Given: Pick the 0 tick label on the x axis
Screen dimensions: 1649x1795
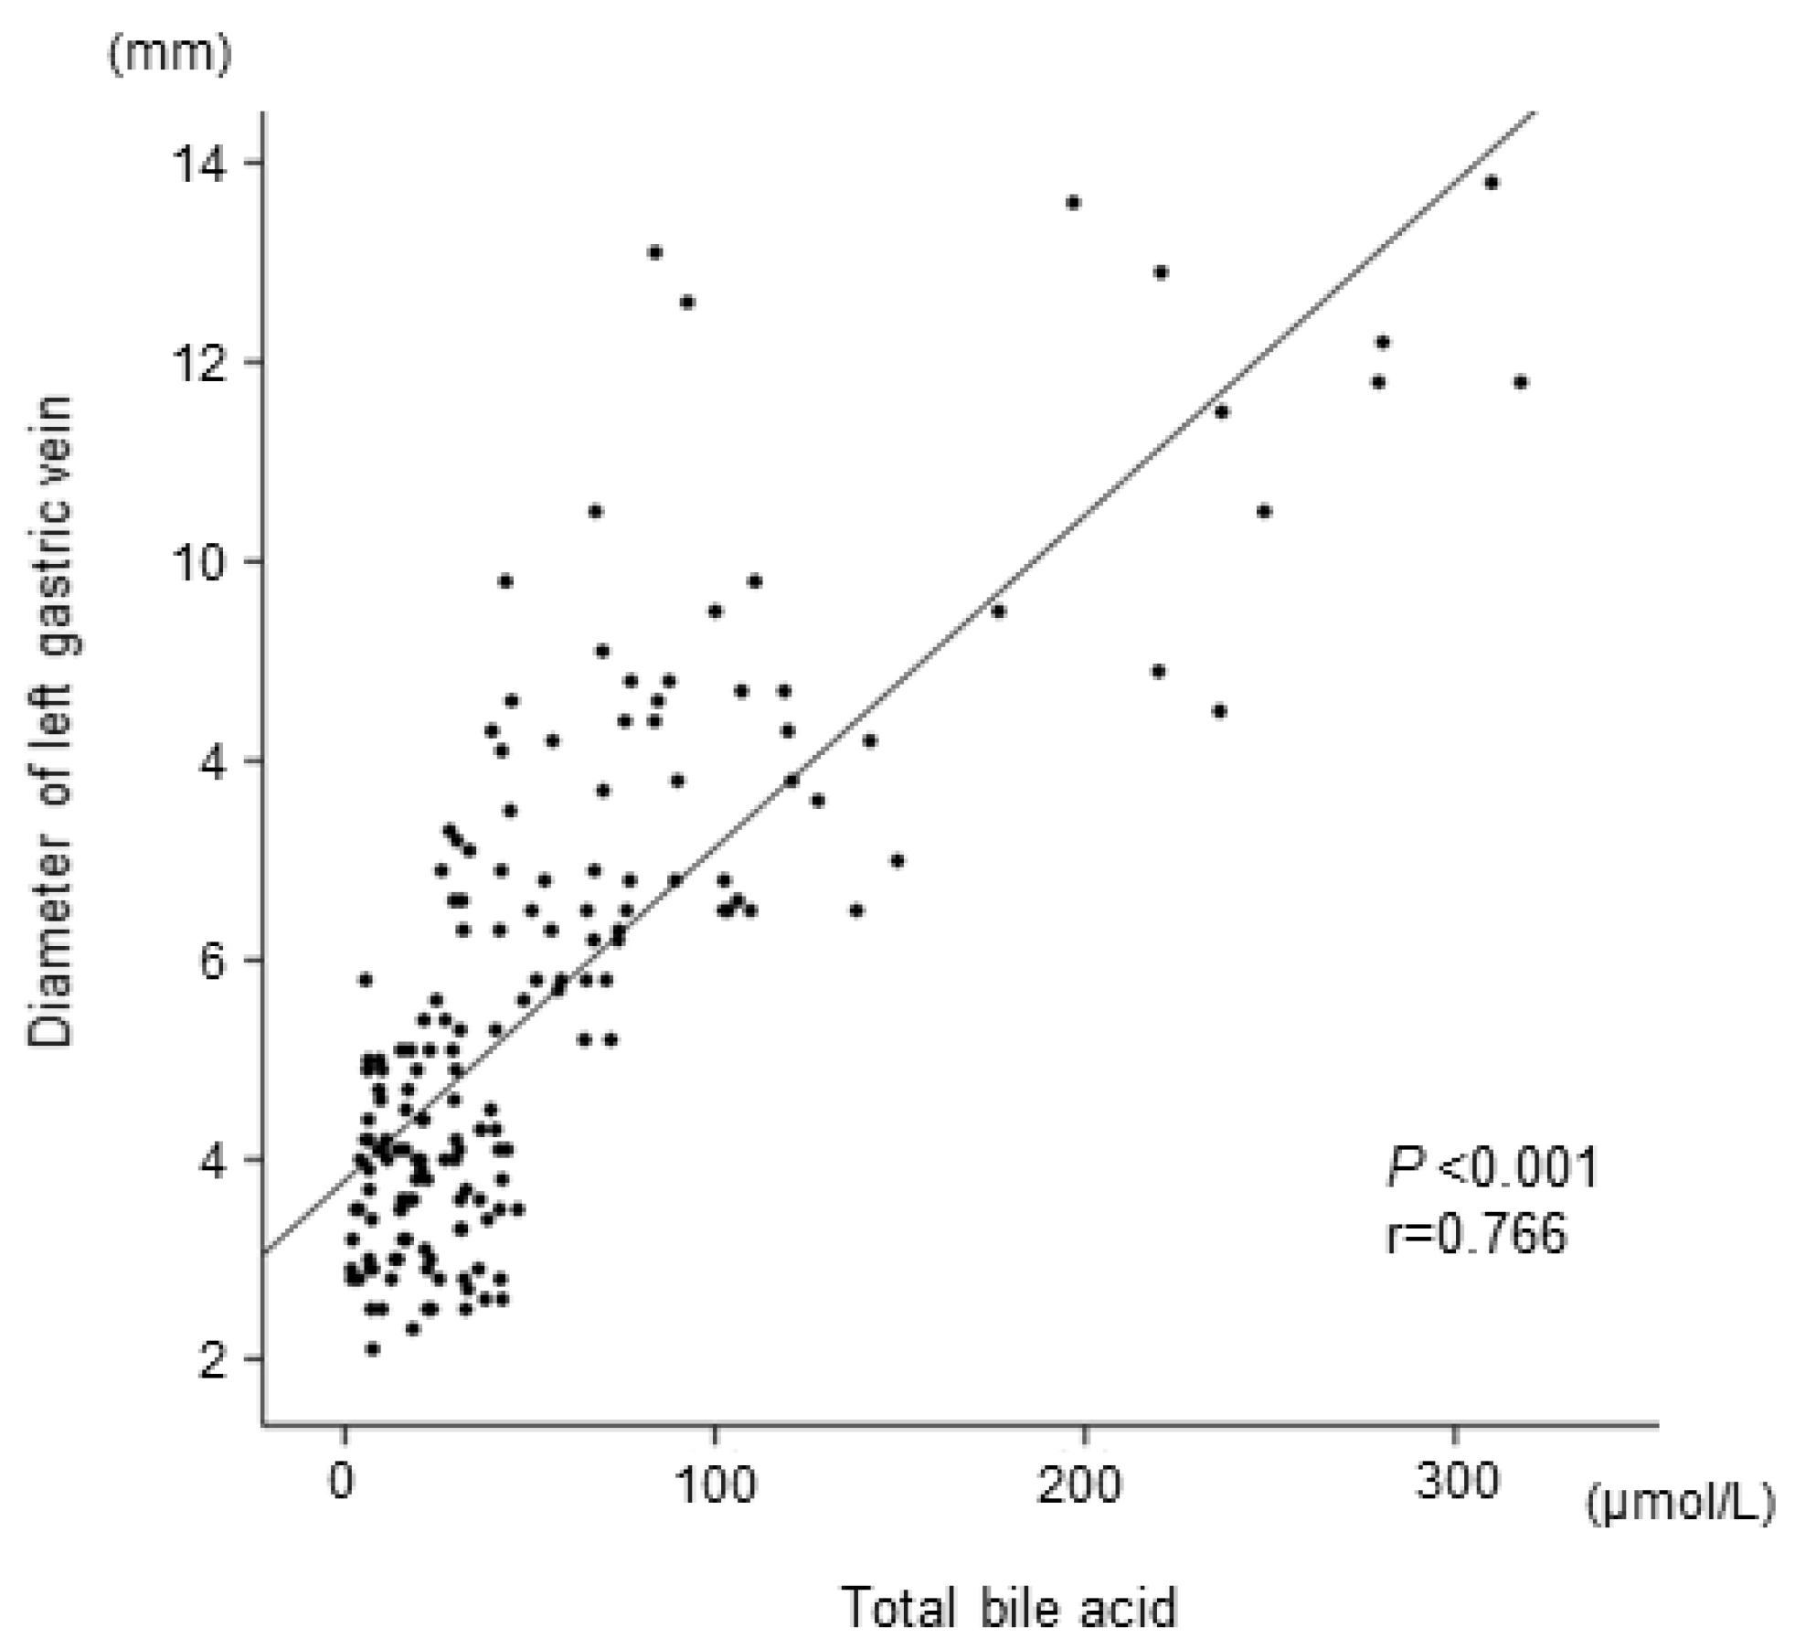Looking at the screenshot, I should click(x=342, y=1482).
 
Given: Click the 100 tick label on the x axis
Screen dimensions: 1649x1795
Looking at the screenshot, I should click(x=715, y=1482).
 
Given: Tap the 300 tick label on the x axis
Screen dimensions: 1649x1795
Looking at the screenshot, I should click(x=1456, y=1482).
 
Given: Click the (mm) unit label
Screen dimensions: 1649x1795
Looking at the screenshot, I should click(x=170, y=55).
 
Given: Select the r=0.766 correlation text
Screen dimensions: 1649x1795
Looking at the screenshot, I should click(x=1476, y=1233).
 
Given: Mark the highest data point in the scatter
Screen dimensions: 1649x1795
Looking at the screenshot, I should click(x=1492, y=183).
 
